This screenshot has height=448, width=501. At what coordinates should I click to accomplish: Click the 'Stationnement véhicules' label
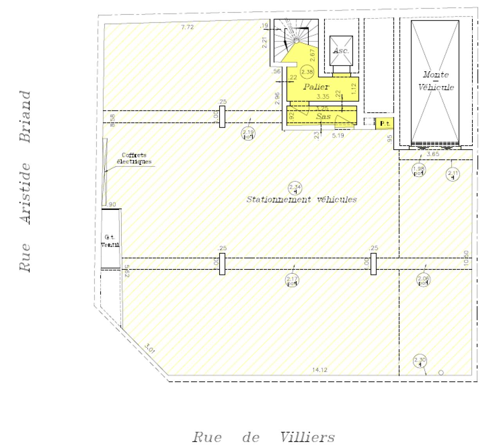(301, 200)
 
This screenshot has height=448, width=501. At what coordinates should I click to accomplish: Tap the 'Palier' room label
(316, 87)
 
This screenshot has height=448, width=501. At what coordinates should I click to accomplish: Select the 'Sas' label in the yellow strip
(323, 116)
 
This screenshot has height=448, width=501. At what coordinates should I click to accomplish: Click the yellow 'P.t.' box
(385, 124)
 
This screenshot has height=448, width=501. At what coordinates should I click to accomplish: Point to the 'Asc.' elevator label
(341, 51)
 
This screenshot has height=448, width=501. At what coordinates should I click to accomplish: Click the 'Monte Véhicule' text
(436, 81)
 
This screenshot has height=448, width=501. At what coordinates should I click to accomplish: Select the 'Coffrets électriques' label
(134, 158)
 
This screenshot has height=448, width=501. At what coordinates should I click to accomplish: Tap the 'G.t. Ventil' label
(110, 241)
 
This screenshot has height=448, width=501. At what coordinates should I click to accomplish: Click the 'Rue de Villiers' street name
(263, 437)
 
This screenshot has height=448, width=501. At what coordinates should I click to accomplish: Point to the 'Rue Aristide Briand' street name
(25, 181)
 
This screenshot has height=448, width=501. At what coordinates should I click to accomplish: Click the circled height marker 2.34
(295, 188)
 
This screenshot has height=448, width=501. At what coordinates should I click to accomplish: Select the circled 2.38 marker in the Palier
(307, 72)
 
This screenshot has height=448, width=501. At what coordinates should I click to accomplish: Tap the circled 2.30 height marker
(420, 361)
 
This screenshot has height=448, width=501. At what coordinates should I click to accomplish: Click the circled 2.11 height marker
(453, 174)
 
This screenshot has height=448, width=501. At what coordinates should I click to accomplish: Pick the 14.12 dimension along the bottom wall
(320, 370)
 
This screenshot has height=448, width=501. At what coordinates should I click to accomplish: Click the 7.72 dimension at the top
(187, 27)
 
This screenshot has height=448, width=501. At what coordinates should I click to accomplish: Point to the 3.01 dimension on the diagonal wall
(150, 348)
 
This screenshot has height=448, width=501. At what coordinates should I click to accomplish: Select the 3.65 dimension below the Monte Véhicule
(433, 154)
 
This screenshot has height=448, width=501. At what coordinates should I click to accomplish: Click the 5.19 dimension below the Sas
(338, 135)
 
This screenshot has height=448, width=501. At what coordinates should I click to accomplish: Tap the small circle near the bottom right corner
(441, 372)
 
